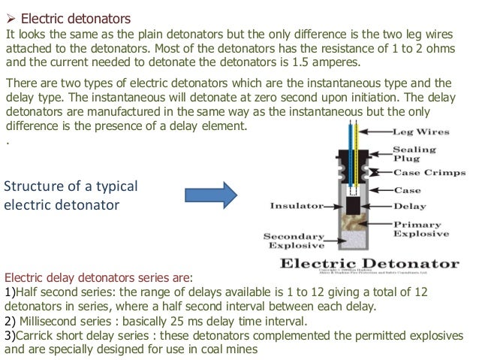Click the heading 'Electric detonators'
tap(75, 17)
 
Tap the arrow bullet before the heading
tap(11, 17)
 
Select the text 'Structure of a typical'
tap(71, 186)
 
